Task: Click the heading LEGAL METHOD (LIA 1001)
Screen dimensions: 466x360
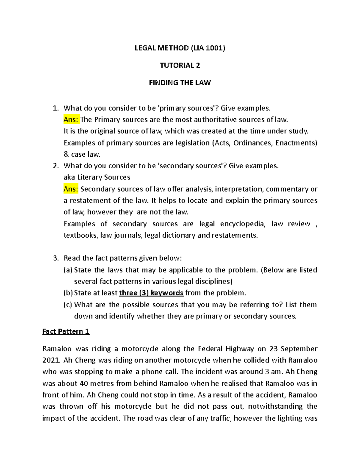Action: [x=180, y=48]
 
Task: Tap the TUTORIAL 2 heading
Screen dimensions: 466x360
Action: [x=180, y=65]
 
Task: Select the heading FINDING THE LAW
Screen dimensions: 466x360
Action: [x=180, y=83]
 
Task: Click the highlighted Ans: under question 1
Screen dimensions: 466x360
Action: [x=71, y=120]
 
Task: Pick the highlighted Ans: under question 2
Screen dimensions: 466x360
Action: [x=71, y=189]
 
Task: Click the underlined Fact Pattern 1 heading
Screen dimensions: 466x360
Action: [x=66, y=332]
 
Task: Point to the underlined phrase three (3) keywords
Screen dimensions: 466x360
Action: [x=151, y=293]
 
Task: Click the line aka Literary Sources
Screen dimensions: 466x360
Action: [x=97, y=177]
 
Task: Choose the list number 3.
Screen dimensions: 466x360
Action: [x=55, y=258]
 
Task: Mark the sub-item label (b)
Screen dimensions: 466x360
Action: [x=68, y=293]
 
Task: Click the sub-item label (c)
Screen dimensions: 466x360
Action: [x=68, y=305]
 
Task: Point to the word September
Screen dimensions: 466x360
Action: [x=299, y=349]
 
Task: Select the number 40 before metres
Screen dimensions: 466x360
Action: [x=83, y=383]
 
